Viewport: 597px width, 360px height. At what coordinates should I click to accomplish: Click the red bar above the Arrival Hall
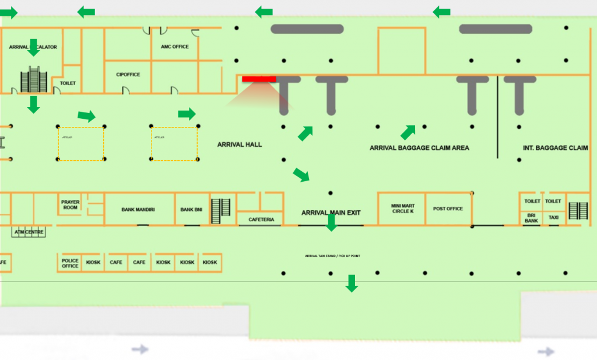(x=259, y=79)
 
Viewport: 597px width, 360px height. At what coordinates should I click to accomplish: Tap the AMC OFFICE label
(x=175, y=47)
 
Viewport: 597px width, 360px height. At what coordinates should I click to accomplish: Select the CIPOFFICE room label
(x=128, y=75)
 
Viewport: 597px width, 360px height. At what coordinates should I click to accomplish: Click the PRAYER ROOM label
(x=70, y=205)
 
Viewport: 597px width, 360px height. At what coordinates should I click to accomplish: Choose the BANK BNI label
(x=191, y=209)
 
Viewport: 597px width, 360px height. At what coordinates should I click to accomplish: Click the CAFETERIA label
(x=260, y=220)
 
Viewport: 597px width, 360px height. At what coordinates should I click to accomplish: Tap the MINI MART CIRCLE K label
(x=403, y=208)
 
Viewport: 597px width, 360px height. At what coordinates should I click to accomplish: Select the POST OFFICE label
(x=448, y=209)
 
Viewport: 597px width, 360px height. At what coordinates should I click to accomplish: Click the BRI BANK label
(x=531, y=218)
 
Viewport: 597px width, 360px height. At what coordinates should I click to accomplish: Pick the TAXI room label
(x=553, y=218)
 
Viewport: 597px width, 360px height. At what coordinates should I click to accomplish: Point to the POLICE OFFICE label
(x=70, y=263)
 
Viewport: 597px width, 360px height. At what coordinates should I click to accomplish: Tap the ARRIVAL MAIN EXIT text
(x=331, y=213)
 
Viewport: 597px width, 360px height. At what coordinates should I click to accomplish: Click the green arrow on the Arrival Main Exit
(x=331, y=223)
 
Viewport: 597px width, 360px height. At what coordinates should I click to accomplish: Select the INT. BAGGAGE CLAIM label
(x=555, y=148)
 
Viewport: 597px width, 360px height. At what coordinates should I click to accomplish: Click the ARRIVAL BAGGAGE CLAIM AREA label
(x=419, y=148)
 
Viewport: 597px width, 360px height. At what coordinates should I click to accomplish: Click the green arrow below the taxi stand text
(x=352, y=284)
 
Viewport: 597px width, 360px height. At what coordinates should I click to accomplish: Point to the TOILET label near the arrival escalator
(x=68, y=83)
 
